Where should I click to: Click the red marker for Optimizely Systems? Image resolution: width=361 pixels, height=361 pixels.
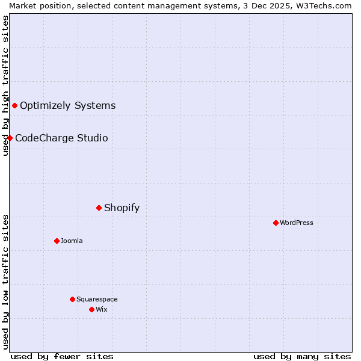[14, 106]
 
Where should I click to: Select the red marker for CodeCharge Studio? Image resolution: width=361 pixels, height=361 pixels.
[10, 138]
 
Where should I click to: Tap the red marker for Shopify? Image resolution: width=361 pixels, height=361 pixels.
[99, 208]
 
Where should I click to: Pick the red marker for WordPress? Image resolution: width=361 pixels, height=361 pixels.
[276, 223]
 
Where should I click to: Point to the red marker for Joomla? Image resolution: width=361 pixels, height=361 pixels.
[57, 241]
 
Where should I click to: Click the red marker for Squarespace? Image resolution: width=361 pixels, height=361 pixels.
[72, 300]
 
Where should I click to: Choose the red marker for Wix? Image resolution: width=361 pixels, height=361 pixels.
[91, 310]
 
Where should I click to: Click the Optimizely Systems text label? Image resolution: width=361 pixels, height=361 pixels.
[67, 106]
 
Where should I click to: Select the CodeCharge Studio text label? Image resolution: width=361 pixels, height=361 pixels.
[61, 138]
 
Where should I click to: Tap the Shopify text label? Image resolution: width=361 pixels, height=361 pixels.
[122, 208]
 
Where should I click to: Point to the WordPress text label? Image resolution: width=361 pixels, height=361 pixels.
[296, 223]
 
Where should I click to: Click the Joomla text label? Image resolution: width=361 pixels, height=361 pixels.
[72, 241]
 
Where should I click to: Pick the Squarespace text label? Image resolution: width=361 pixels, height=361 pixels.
[97, 300]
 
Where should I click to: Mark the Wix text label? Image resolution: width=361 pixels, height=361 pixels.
[101, 310]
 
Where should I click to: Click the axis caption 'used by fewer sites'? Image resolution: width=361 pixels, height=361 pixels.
[62, 356]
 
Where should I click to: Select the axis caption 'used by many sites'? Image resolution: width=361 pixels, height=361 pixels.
[302, 356]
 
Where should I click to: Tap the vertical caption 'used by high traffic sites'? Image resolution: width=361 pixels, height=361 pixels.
[5, 85]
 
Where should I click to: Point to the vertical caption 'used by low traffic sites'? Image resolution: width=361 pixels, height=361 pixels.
[5, 282]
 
